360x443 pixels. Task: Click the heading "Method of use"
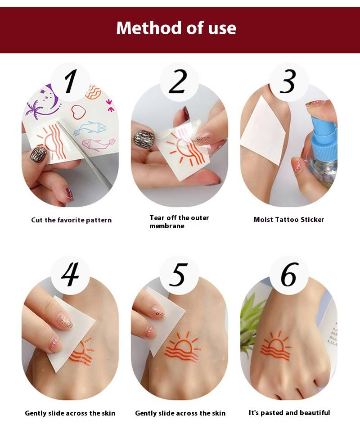coord(176,28)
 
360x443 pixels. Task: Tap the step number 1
coord(70,81)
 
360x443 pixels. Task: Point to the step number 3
coord(288,81)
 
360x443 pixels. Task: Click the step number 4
coord(70,274)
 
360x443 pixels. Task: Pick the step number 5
coord(179,274)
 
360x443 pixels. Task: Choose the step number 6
coord(289,274)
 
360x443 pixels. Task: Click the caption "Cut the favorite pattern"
coord(72,220)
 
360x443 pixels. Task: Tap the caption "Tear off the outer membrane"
coord(179,222)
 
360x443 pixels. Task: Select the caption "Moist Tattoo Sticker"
coord(289,220)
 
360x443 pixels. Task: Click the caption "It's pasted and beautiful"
coord(289,413)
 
